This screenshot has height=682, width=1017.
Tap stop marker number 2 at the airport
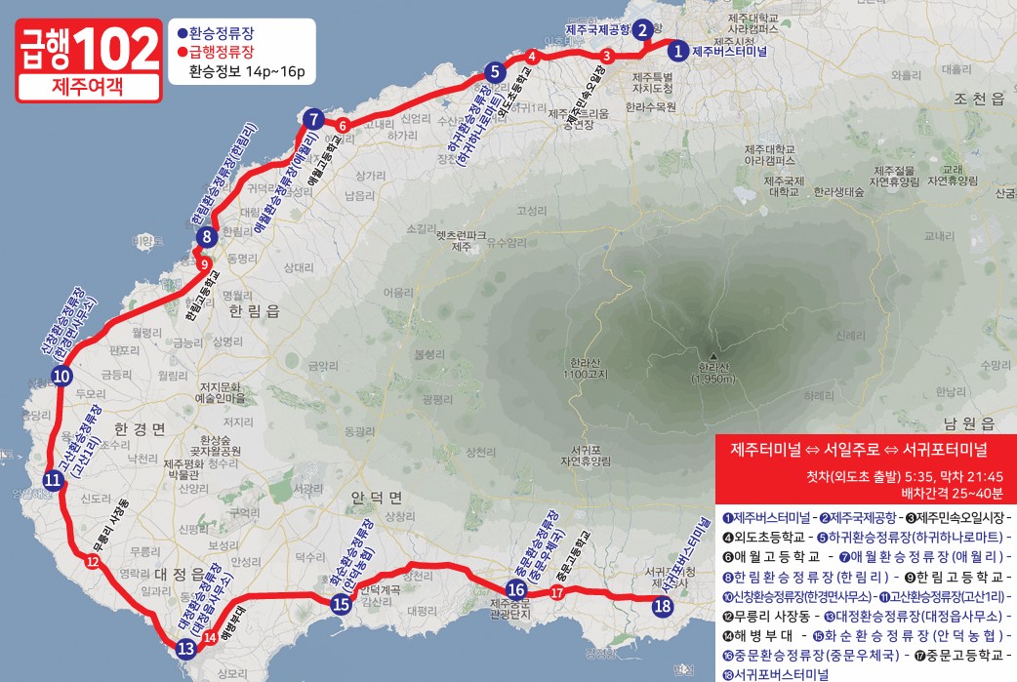pyautogui.click(x=643, y=29)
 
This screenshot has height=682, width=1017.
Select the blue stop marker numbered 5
pyautogui.click(x=495, y=71)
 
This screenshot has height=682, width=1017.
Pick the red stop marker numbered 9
pyautogui.click(x=204, y=264)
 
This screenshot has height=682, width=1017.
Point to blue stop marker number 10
pyautogui.click(x=61, y=377)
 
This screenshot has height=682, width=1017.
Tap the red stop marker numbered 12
pyautogui.click(x=92, y=561)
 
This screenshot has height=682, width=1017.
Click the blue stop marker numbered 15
pyautogui.click(x=341, y=604)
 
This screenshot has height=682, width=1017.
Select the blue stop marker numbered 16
pyautogui.click(x=515, y=589)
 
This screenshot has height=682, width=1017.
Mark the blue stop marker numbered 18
pyautogui.click(x=663, y=606)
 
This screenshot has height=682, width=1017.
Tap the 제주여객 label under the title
pyautogui.click(x=87, y=86)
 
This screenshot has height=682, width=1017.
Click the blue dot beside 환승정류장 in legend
pyautogui.click(x=182, y=32)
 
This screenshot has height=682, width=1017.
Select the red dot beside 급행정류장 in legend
pyautogui.click(x=182, y=51)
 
